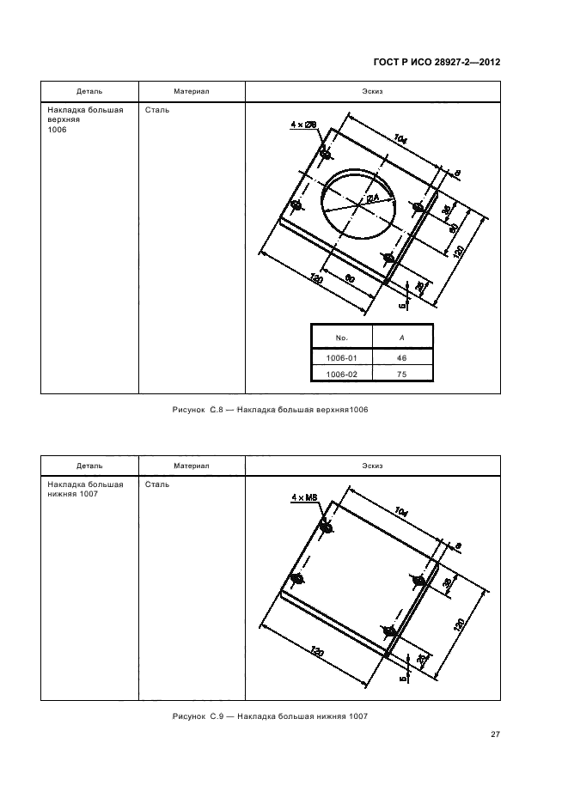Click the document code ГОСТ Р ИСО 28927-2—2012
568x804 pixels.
tap(437, 63)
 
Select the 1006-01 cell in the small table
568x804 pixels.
tap(340, 358)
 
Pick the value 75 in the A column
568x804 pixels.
tap(401, 375)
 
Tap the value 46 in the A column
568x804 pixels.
tap(401, 358)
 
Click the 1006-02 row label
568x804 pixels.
tap(340, 375)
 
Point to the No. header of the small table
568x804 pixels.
tap(340, 338)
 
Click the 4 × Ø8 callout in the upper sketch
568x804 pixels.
tap(304, 125)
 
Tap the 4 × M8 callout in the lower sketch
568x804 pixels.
tap(304, 496)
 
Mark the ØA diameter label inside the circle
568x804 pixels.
tap(372, 198)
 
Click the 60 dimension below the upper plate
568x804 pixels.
tap(350, 279)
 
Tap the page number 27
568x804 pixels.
tap(495, 734)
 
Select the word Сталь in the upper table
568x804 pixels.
tap(157, 111)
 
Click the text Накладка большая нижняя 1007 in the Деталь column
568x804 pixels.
tap(85, 489)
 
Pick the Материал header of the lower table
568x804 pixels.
tap(192, 466)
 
